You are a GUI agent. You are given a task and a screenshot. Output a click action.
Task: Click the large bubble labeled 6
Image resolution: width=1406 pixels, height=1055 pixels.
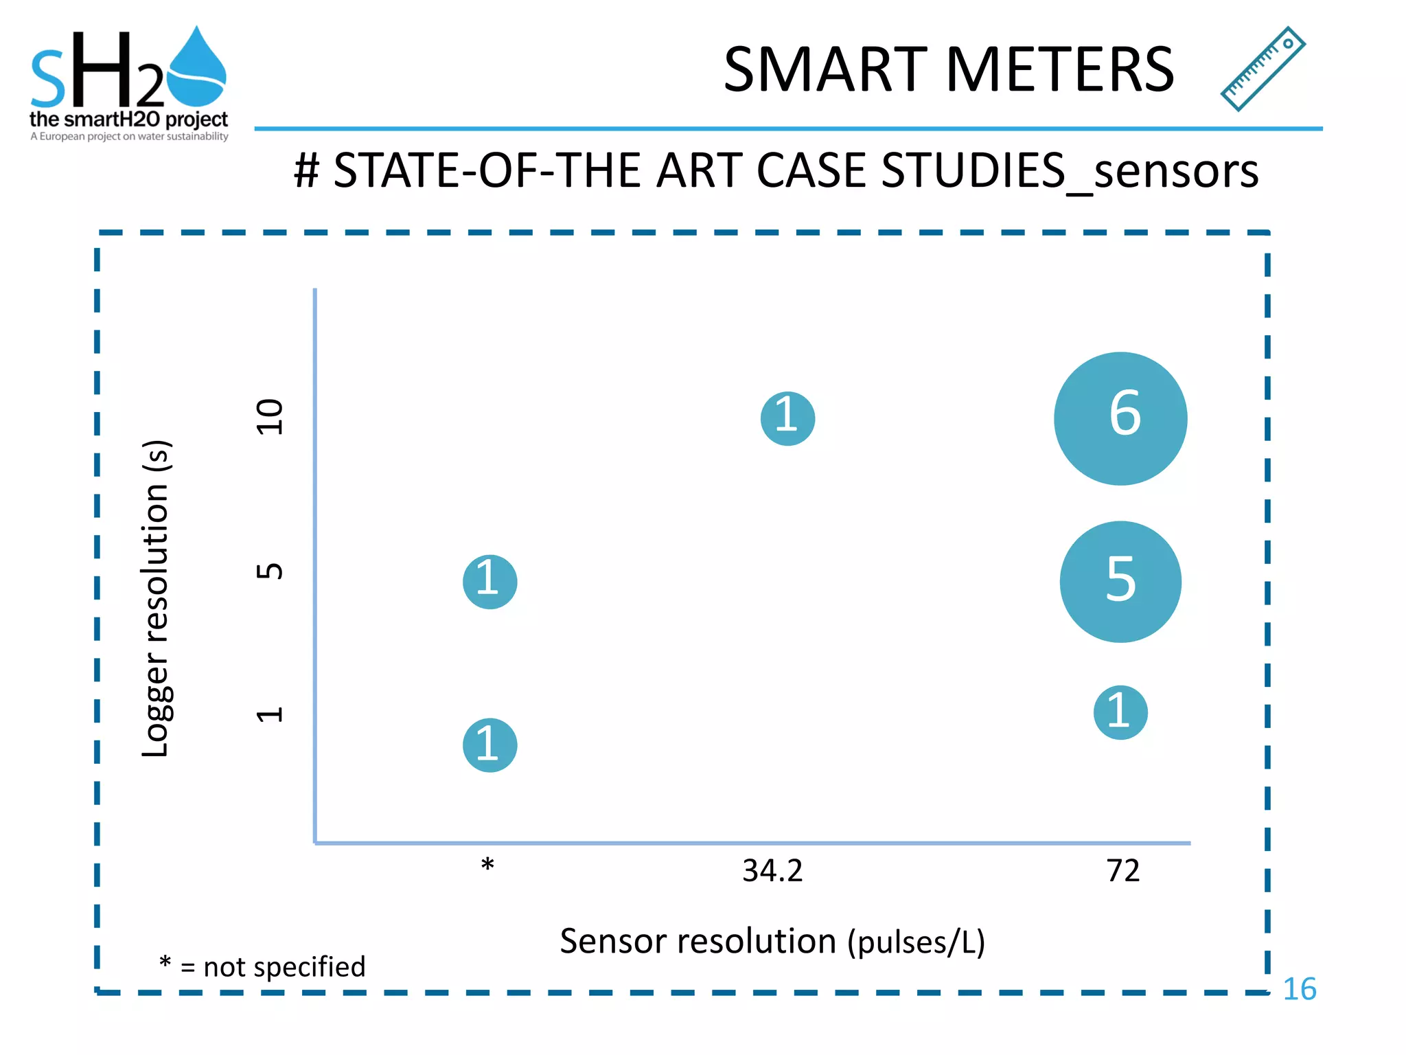pyautogui.click(x=1120, y=418)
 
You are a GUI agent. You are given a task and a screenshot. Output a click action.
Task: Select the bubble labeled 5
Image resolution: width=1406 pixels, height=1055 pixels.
pyautogui.click(x=1120, y=582)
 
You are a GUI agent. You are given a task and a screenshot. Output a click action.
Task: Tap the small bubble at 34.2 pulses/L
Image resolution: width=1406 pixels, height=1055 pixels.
pyautogui.click(x=787, y=418)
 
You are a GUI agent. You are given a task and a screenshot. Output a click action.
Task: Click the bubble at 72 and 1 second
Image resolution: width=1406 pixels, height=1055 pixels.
pyautogui.click(x=1120, y=712)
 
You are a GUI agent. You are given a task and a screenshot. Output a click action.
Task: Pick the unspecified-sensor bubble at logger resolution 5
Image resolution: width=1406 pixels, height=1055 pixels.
pyautogui.click(x=489, y=582)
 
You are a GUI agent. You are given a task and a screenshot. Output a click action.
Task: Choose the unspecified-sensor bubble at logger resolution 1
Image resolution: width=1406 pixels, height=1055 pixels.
pyautogui.click(x=489, y=745)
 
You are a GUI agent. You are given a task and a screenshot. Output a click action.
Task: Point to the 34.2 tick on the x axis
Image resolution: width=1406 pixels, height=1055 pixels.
pyautogui.click(x=772, y=870)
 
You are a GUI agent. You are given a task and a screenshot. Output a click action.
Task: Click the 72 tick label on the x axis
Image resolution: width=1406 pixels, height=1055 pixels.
pyautogui.click(x=1123, y=870)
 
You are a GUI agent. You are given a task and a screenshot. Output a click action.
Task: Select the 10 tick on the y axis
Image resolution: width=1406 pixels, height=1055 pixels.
pyautogui.click(x=269, y=417)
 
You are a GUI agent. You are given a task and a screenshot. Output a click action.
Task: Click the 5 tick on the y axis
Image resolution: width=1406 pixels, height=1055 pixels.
pyautogui.click(x=269, y=571)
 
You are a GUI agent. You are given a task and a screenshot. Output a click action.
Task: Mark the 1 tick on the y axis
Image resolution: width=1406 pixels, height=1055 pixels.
pyautogui.click(x=269, y=714)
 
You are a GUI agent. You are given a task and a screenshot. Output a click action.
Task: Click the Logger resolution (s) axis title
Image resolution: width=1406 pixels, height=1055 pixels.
pyautogui.click(x=156, y=598)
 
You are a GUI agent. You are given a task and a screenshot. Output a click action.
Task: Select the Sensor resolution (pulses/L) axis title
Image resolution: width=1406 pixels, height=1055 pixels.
pyautogui.click(x=772, y=941)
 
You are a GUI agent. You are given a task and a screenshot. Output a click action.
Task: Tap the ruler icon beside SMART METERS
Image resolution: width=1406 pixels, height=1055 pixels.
pyautogui.click(x=1263, y=69)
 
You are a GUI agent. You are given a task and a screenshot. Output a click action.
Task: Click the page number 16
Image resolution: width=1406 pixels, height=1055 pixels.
pyautogui.click(x=1299, y=989)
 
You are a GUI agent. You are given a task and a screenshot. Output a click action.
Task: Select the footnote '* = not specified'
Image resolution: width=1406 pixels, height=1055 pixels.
pyautogui.click(x=262, y=966)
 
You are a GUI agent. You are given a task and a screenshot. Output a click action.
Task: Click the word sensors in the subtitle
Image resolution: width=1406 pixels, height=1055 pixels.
pyautogui.click(x=1176, y=170)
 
